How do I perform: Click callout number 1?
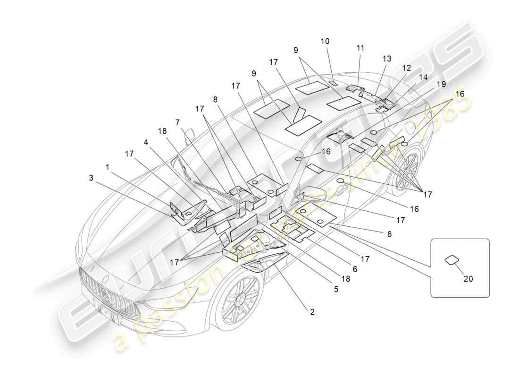click(x=108, y=167)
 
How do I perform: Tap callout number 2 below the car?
click(x=312, y=312)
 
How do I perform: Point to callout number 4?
click(x=147, y=141)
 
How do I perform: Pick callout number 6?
click(x=355, y=269)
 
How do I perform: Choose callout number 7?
click(x=178, y=122)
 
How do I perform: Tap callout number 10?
click(x=325, y=41)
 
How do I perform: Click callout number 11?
click(x=360, y=48)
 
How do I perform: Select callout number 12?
click(x=406, y=68)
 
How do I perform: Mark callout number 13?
click(x=387, y=59)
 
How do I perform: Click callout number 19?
click(x=441, y=85)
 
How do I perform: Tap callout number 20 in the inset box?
click(x=468, y=279)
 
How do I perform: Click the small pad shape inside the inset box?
click(x=452, y=259)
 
